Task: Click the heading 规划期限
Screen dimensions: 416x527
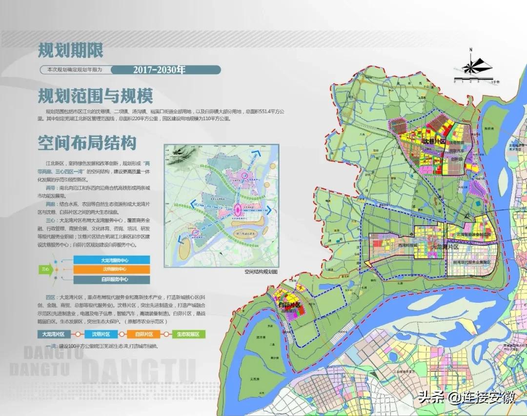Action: pyautogui.click(x=71, y=51)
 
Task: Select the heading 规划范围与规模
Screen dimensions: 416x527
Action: pyautogui.click(x=96, y=96)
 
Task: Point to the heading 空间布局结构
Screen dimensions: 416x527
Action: pyautogui.click(x=87, y=143)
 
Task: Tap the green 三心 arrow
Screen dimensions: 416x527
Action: pyautogui.click(x=46, y=269)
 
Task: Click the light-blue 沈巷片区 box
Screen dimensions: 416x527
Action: pyautogui.click(x=101, y=335)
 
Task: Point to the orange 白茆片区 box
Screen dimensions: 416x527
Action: pyautogui.click(x=144, y=335)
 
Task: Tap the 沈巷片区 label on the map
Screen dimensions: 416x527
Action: pyautogui.click(x=434, y=142)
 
